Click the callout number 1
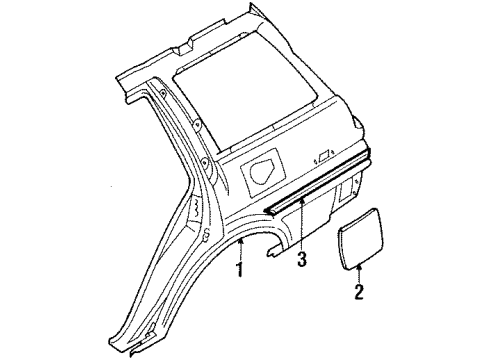click(x=239, y=270)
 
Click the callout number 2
click(x=359, y=293)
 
